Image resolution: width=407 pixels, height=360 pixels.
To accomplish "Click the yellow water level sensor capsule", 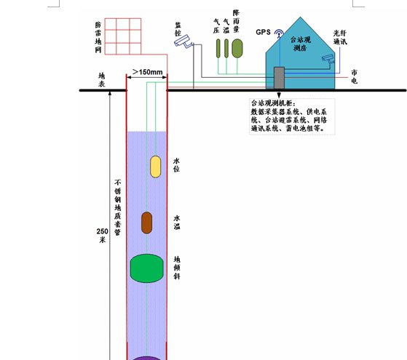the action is [156, 167].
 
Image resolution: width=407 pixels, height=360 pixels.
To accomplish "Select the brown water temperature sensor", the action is [146, 223].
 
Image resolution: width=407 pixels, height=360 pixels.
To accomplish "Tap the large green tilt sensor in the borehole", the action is [146, 268].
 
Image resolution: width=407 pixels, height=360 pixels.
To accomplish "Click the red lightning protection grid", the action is [123, 36].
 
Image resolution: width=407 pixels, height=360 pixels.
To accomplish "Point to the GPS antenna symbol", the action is [280, 33].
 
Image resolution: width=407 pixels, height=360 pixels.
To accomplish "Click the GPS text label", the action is [263, 32].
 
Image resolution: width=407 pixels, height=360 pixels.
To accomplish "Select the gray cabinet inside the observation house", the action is [280, 78].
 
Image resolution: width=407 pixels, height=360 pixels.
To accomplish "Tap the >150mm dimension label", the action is [147, 72].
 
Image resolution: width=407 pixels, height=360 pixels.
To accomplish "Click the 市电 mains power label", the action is [355, 76].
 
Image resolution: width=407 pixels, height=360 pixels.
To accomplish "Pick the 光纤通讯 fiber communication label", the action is [340, 38].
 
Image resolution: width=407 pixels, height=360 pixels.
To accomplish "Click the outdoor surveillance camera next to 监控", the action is [183, 41].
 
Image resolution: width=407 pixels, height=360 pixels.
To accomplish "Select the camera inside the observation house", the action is [328, 59].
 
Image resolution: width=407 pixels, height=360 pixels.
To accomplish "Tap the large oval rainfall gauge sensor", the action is [237, 48].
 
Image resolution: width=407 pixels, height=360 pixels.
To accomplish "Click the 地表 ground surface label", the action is [101, 80].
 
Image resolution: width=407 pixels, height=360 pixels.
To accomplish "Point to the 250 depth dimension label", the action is [102, 236].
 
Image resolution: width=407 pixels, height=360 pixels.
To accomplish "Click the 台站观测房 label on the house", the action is [300, 44].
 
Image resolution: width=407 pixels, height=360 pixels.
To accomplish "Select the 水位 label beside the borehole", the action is [176, 165].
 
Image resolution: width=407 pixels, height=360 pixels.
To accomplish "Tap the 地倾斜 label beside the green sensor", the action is [177, 268].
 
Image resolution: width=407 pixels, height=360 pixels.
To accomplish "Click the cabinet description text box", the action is [292, 116].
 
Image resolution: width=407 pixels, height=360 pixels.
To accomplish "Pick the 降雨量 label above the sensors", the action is [236, 21].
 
